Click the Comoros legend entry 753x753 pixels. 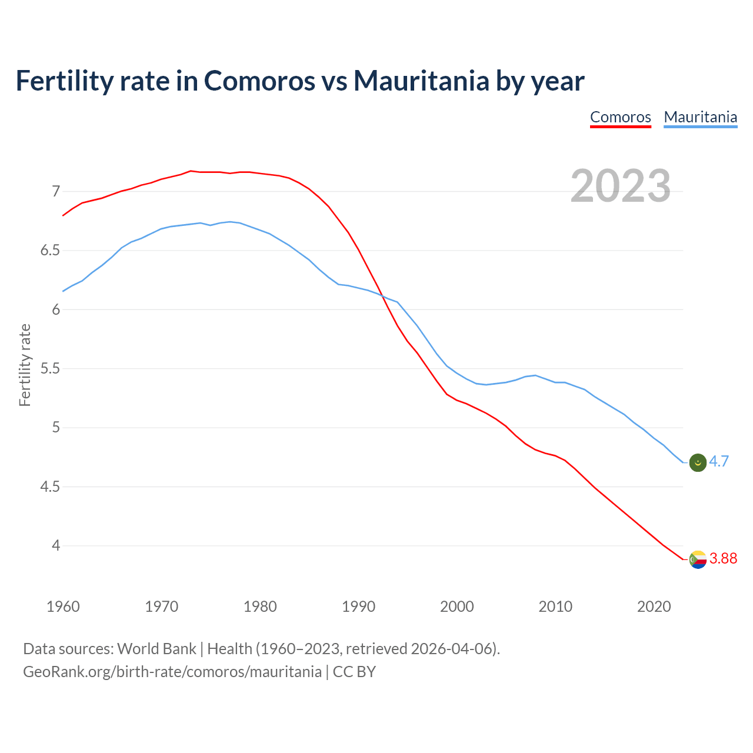point(620,117)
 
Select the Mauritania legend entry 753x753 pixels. point(700,117)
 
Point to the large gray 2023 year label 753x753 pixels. point(620,186)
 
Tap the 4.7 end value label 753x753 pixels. point(719,462)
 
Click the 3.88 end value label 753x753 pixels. point(723,559)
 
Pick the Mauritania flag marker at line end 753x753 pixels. point(697,463)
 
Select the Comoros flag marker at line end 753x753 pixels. point(697,559)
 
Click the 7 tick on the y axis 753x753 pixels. point(56,191)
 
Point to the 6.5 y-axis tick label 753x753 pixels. point(50,251)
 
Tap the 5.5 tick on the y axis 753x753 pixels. point(50,369)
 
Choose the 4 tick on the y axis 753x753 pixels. point(56,546)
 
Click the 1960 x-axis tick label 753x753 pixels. point(63,607)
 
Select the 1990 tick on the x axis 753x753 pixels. point(358,607)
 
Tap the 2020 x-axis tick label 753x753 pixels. point(654,607)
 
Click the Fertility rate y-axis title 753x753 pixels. point(25,365)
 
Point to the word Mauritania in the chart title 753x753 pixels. point(421,81)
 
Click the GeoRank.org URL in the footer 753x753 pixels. point(172,672)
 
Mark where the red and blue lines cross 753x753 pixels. point(381,295)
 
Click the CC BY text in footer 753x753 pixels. point(354,672)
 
